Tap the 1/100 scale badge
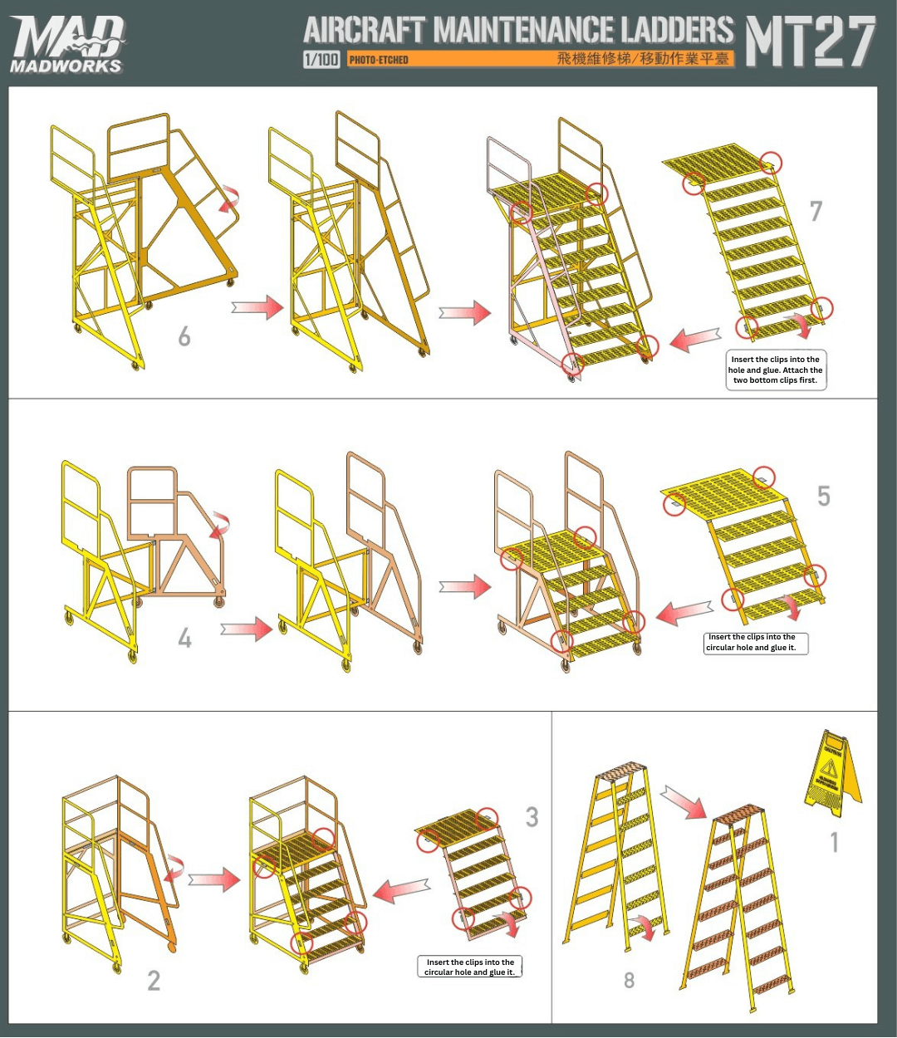[x=321, y=59]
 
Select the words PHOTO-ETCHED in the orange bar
[x=379, y=60]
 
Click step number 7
[x=816, y=211]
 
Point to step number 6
[x=184, y=336]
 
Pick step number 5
[x=823, y=496]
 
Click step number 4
[x=184, y=638]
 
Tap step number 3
[x=532, y=817]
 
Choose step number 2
[x=154, y=981]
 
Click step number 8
[x=629, y=981]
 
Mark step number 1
[x=835, y=842]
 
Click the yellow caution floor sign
[x=831, y=769]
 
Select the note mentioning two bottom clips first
[x=776, y=370]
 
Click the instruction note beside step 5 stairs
[x=756, y=643]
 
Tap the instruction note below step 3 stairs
[x=470, y=967]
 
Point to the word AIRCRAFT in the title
[x=365, y=31]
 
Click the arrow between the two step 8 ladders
[x=683, y=803]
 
